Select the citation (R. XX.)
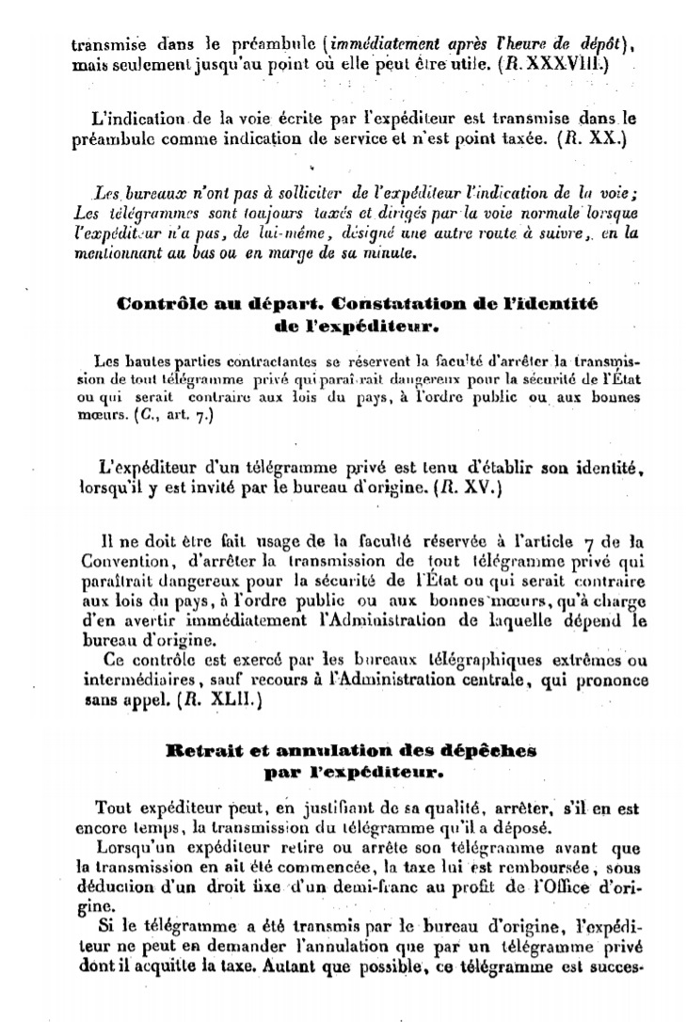[x=591, y=138]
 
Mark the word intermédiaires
[x=126, y=682]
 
